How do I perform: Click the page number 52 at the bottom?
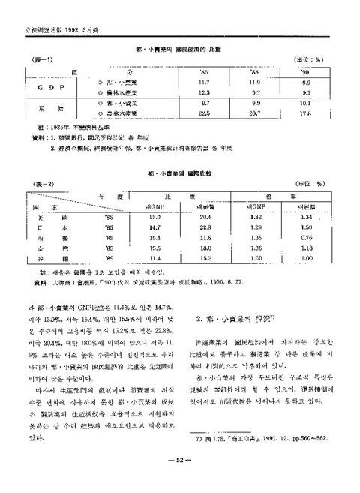tap(181, 460)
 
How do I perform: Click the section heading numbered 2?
tap(237, 319)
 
